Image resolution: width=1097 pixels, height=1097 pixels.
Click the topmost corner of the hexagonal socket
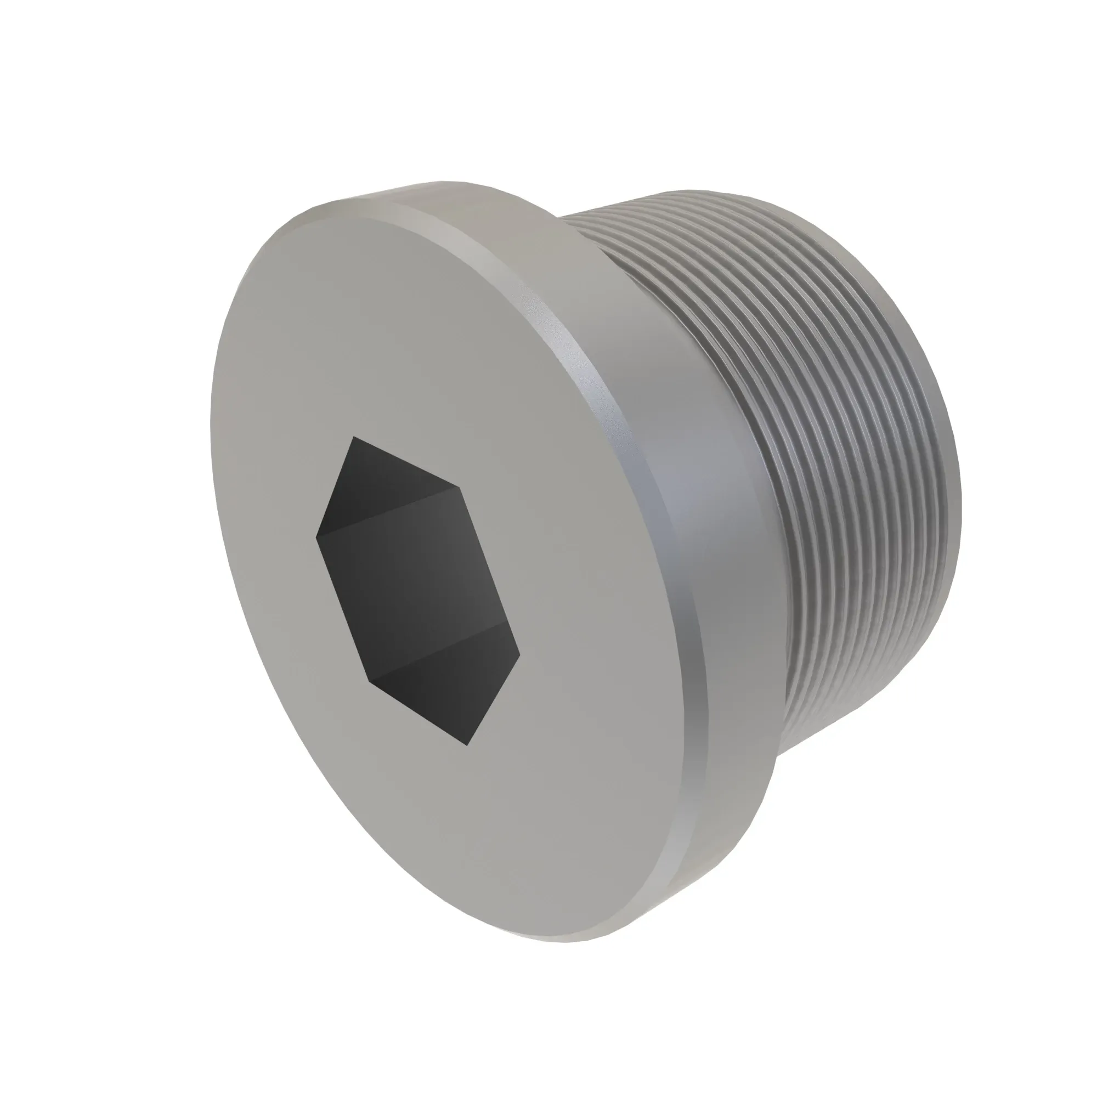[354, 437]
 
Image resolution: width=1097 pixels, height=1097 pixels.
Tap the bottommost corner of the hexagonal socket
[467, 745]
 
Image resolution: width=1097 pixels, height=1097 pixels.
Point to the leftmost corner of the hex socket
[316, 535]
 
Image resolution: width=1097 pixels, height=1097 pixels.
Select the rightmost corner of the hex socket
[519, 658]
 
